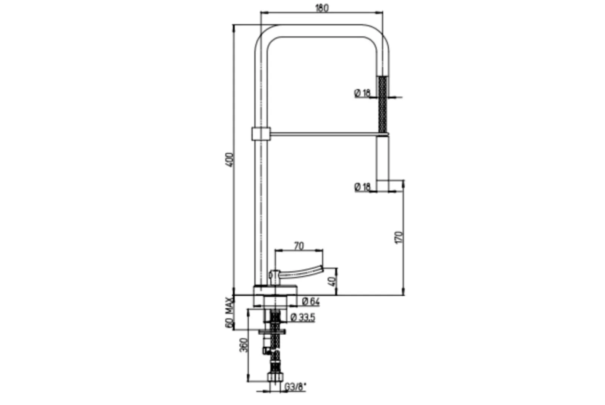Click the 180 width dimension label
pyautogui.click(x=322, y=8)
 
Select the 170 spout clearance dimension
pyautogui.click(x=399, y=237)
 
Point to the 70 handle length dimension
pyautogui.click(x=299, y=246)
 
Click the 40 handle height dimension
pyautogui.click(x=333, y=282)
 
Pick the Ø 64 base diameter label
pyautogui.click(x=311, y=301)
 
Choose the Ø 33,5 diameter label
pyautogui.click(x=303, y=318)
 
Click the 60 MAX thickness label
pyautogui.click(x=229, y=313)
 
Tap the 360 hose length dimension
pyautogui.click(x=244, y=345)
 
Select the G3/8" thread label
pyautogui.click(x=295, y=387)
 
